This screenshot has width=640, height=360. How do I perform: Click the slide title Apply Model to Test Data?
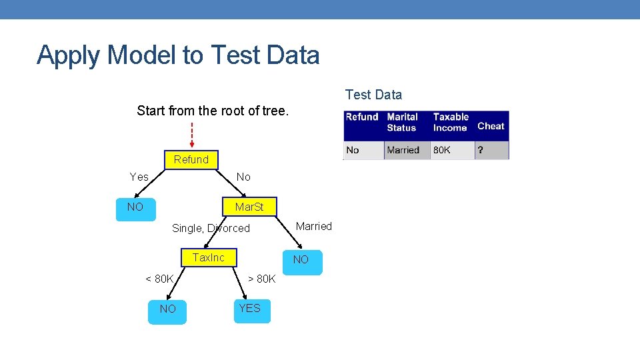178,55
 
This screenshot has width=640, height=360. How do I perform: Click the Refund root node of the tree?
191,159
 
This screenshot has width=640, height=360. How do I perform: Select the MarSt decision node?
249,207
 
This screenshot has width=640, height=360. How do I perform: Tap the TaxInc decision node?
209,257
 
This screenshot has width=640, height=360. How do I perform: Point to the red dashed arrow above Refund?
191,135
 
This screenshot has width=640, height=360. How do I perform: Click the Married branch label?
313,226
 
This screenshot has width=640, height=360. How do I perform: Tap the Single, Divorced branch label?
211,228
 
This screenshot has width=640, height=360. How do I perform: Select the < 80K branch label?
159,279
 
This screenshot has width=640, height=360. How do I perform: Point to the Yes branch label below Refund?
139,177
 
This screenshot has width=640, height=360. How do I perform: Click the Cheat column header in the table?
491,126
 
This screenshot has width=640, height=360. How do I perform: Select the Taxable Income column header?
451,122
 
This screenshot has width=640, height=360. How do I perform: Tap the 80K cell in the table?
442,150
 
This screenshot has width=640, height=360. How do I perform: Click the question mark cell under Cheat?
481,150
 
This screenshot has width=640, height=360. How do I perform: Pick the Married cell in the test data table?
403,150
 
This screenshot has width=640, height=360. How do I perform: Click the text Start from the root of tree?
213,111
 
